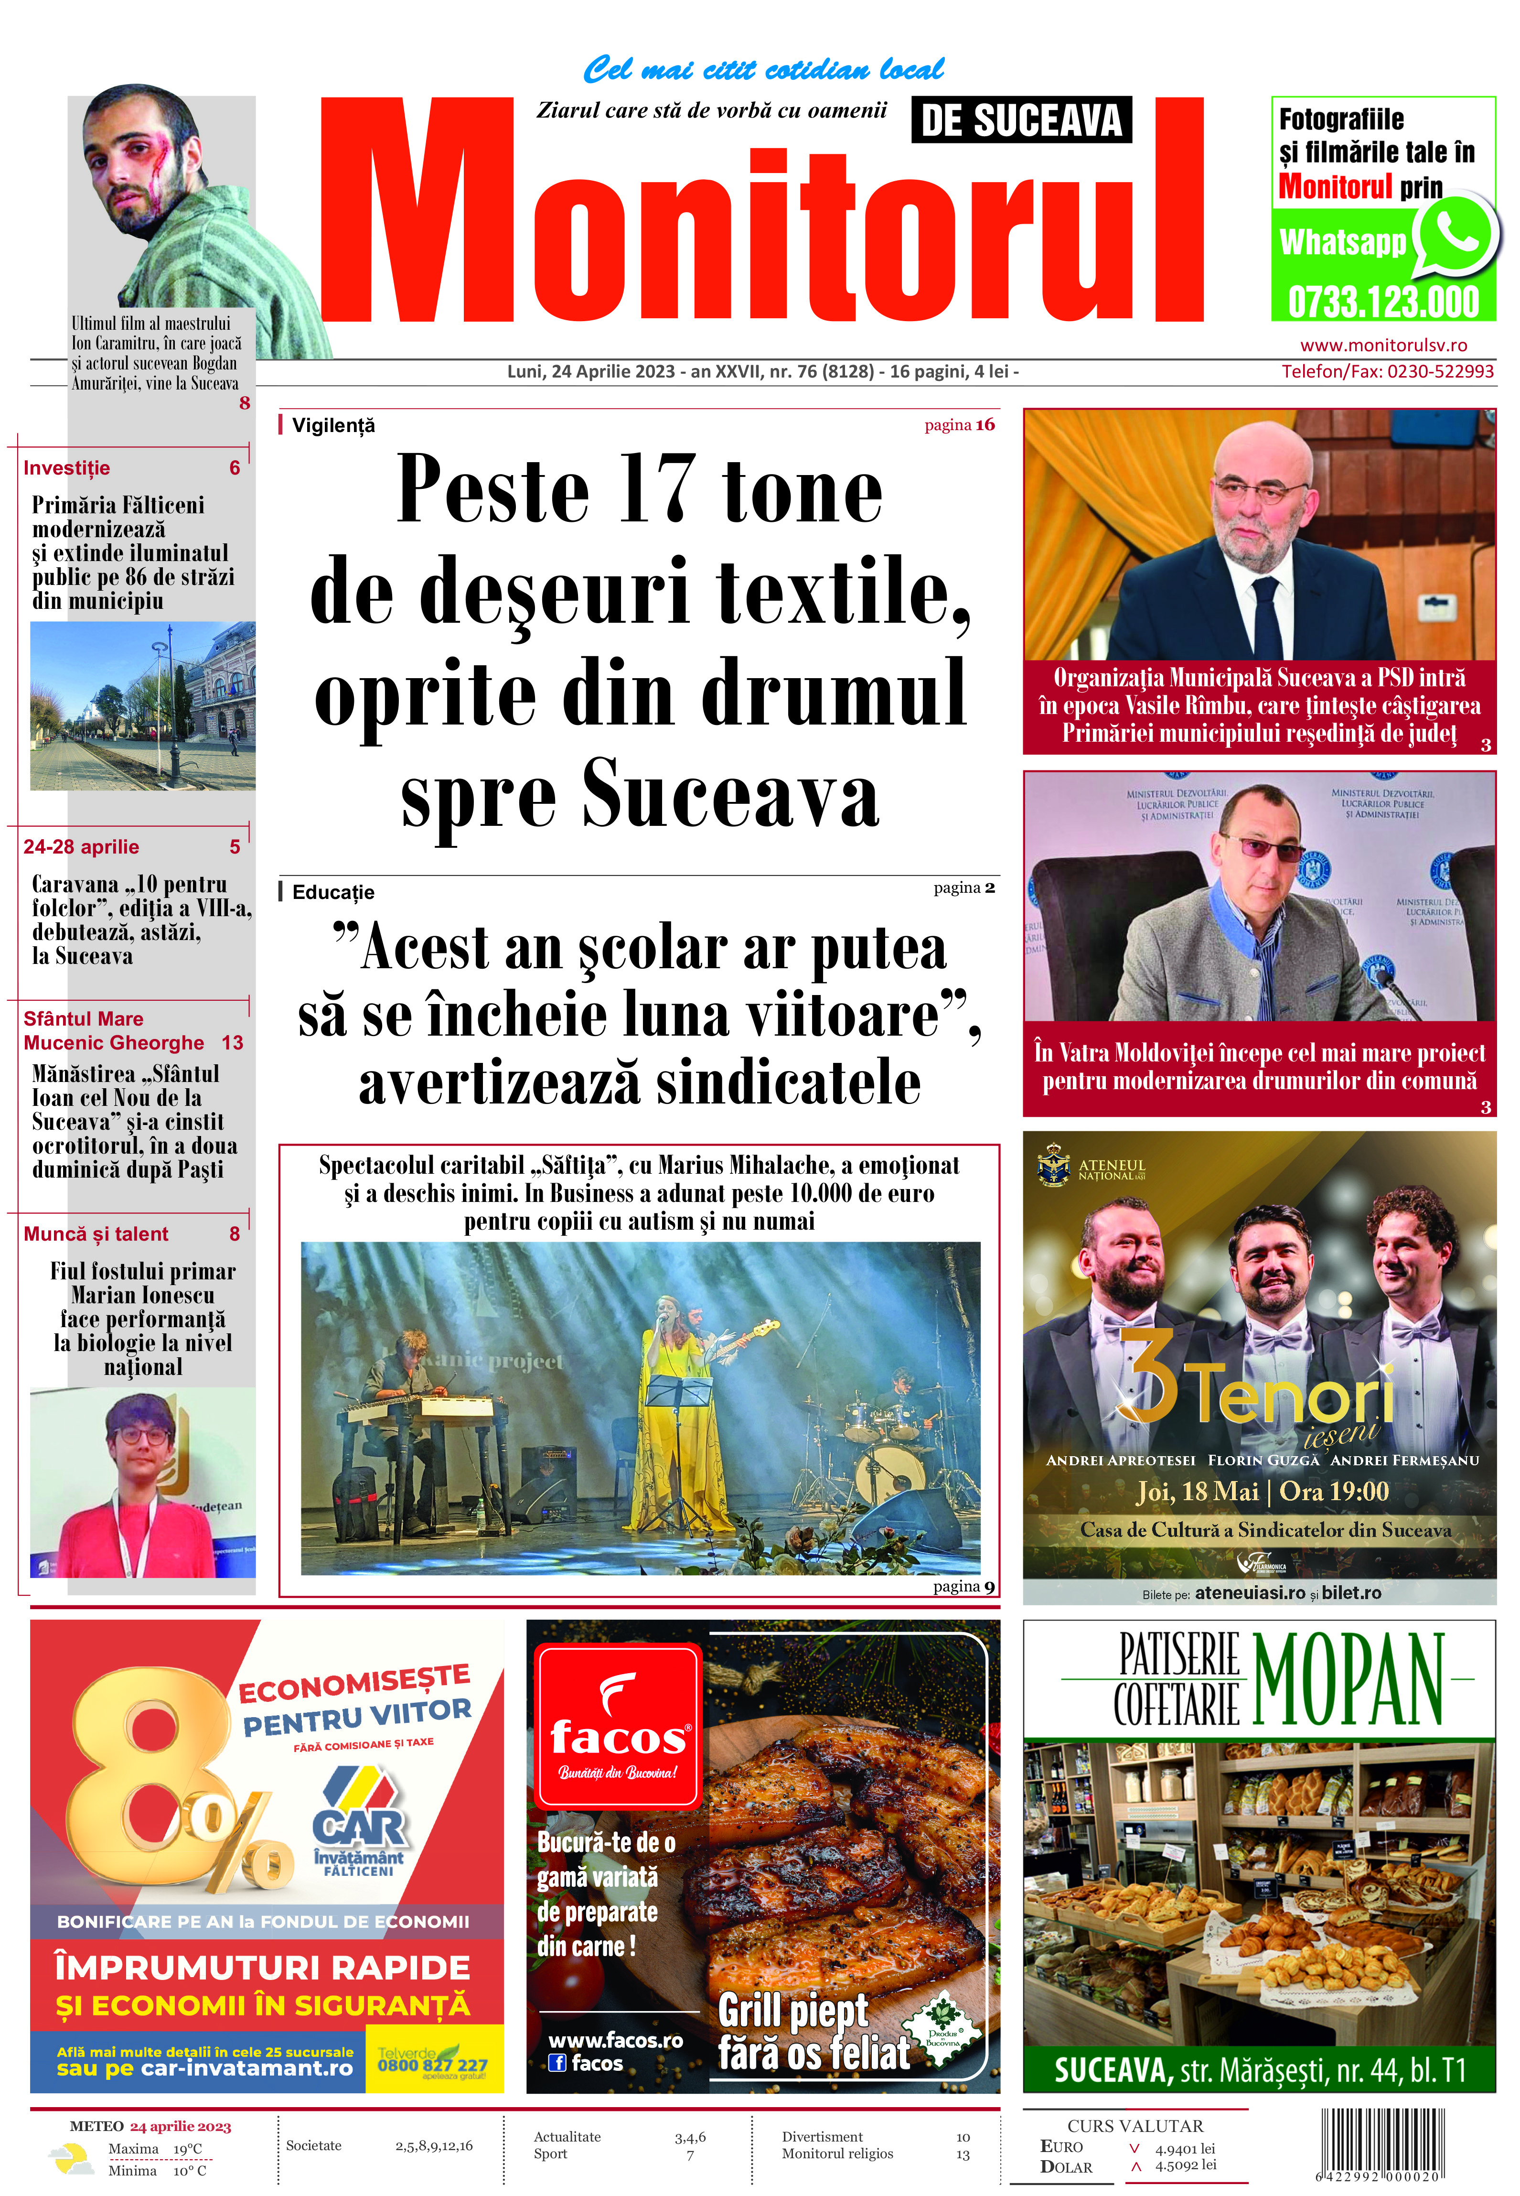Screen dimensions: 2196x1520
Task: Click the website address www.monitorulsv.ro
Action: (1383, 346)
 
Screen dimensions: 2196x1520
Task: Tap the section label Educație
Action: (332, 892)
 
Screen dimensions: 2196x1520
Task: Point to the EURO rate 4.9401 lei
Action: (1185, 2148)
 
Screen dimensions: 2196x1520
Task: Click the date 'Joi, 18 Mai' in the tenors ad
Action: (1196, 1491)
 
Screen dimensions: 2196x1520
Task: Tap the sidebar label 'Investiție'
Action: (67, 468)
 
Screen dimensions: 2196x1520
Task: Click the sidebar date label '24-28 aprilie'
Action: (81, 847)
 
